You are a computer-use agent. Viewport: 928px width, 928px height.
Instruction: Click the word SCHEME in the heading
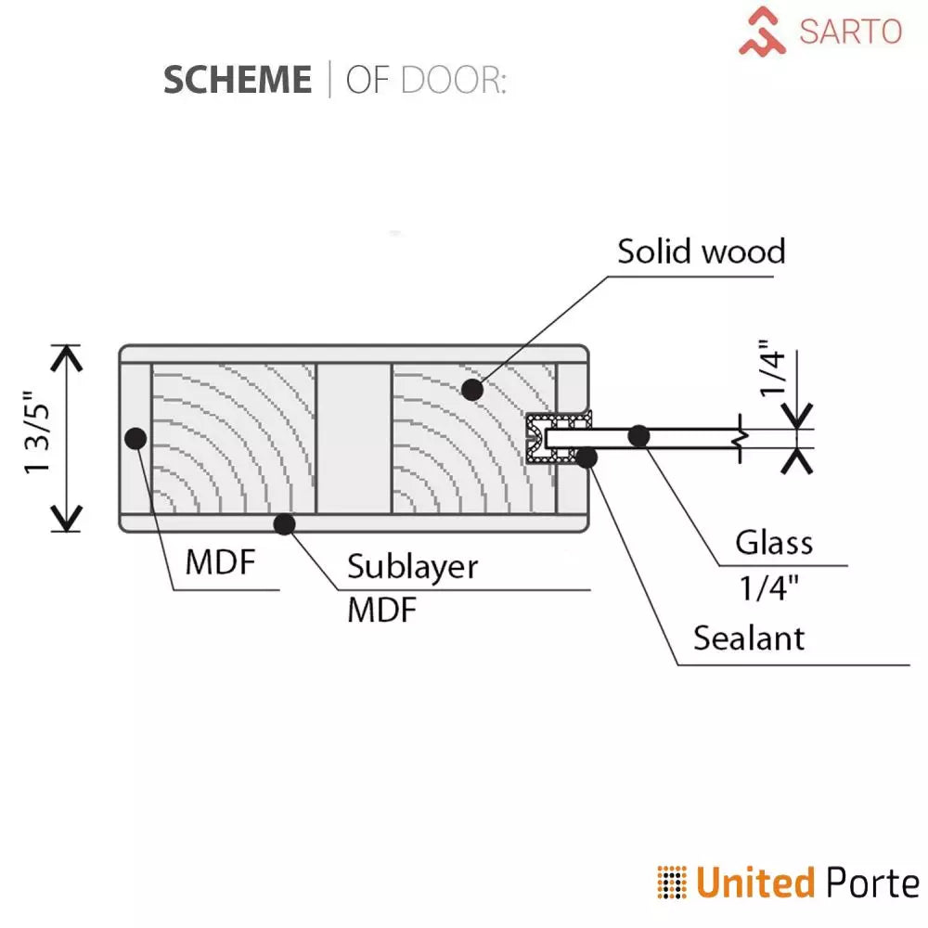coord(238,81)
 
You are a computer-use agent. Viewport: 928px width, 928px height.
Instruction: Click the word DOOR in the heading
coord(453,81)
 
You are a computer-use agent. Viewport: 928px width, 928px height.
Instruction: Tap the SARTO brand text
coord(850,32)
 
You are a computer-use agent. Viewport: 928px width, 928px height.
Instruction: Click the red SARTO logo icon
coord(762,31)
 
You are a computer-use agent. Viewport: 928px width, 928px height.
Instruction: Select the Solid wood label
coord(702,251)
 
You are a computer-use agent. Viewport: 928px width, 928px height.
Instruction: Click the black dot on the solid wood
coord(472,390)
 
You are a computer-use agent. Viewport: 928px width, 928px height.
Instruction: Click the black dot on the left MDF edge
coord(135,438)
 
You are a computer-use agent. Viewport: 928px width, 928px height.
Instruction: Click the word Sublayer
coord(413,566)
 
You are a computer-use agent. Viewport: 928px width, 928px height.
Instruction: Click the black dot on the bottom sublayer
coord(284,524)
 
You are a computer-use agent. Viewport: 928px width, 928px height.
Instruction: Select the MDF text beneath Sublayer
coord(382,611)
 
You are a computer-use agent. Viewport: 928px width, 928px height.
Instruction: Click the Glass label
coord(774,542)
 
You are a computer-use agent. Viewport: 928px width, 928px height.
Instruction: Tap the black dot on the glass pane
coord(638,434)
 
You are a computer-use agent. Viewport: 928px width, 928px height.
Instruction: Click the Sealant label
coord(749,638)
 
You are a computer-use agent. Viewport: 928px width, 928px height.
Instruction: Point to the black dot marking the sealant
coord(586,456)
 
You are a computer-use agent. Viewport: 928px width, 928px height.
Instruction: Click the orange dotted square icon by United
coord(672,883)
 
